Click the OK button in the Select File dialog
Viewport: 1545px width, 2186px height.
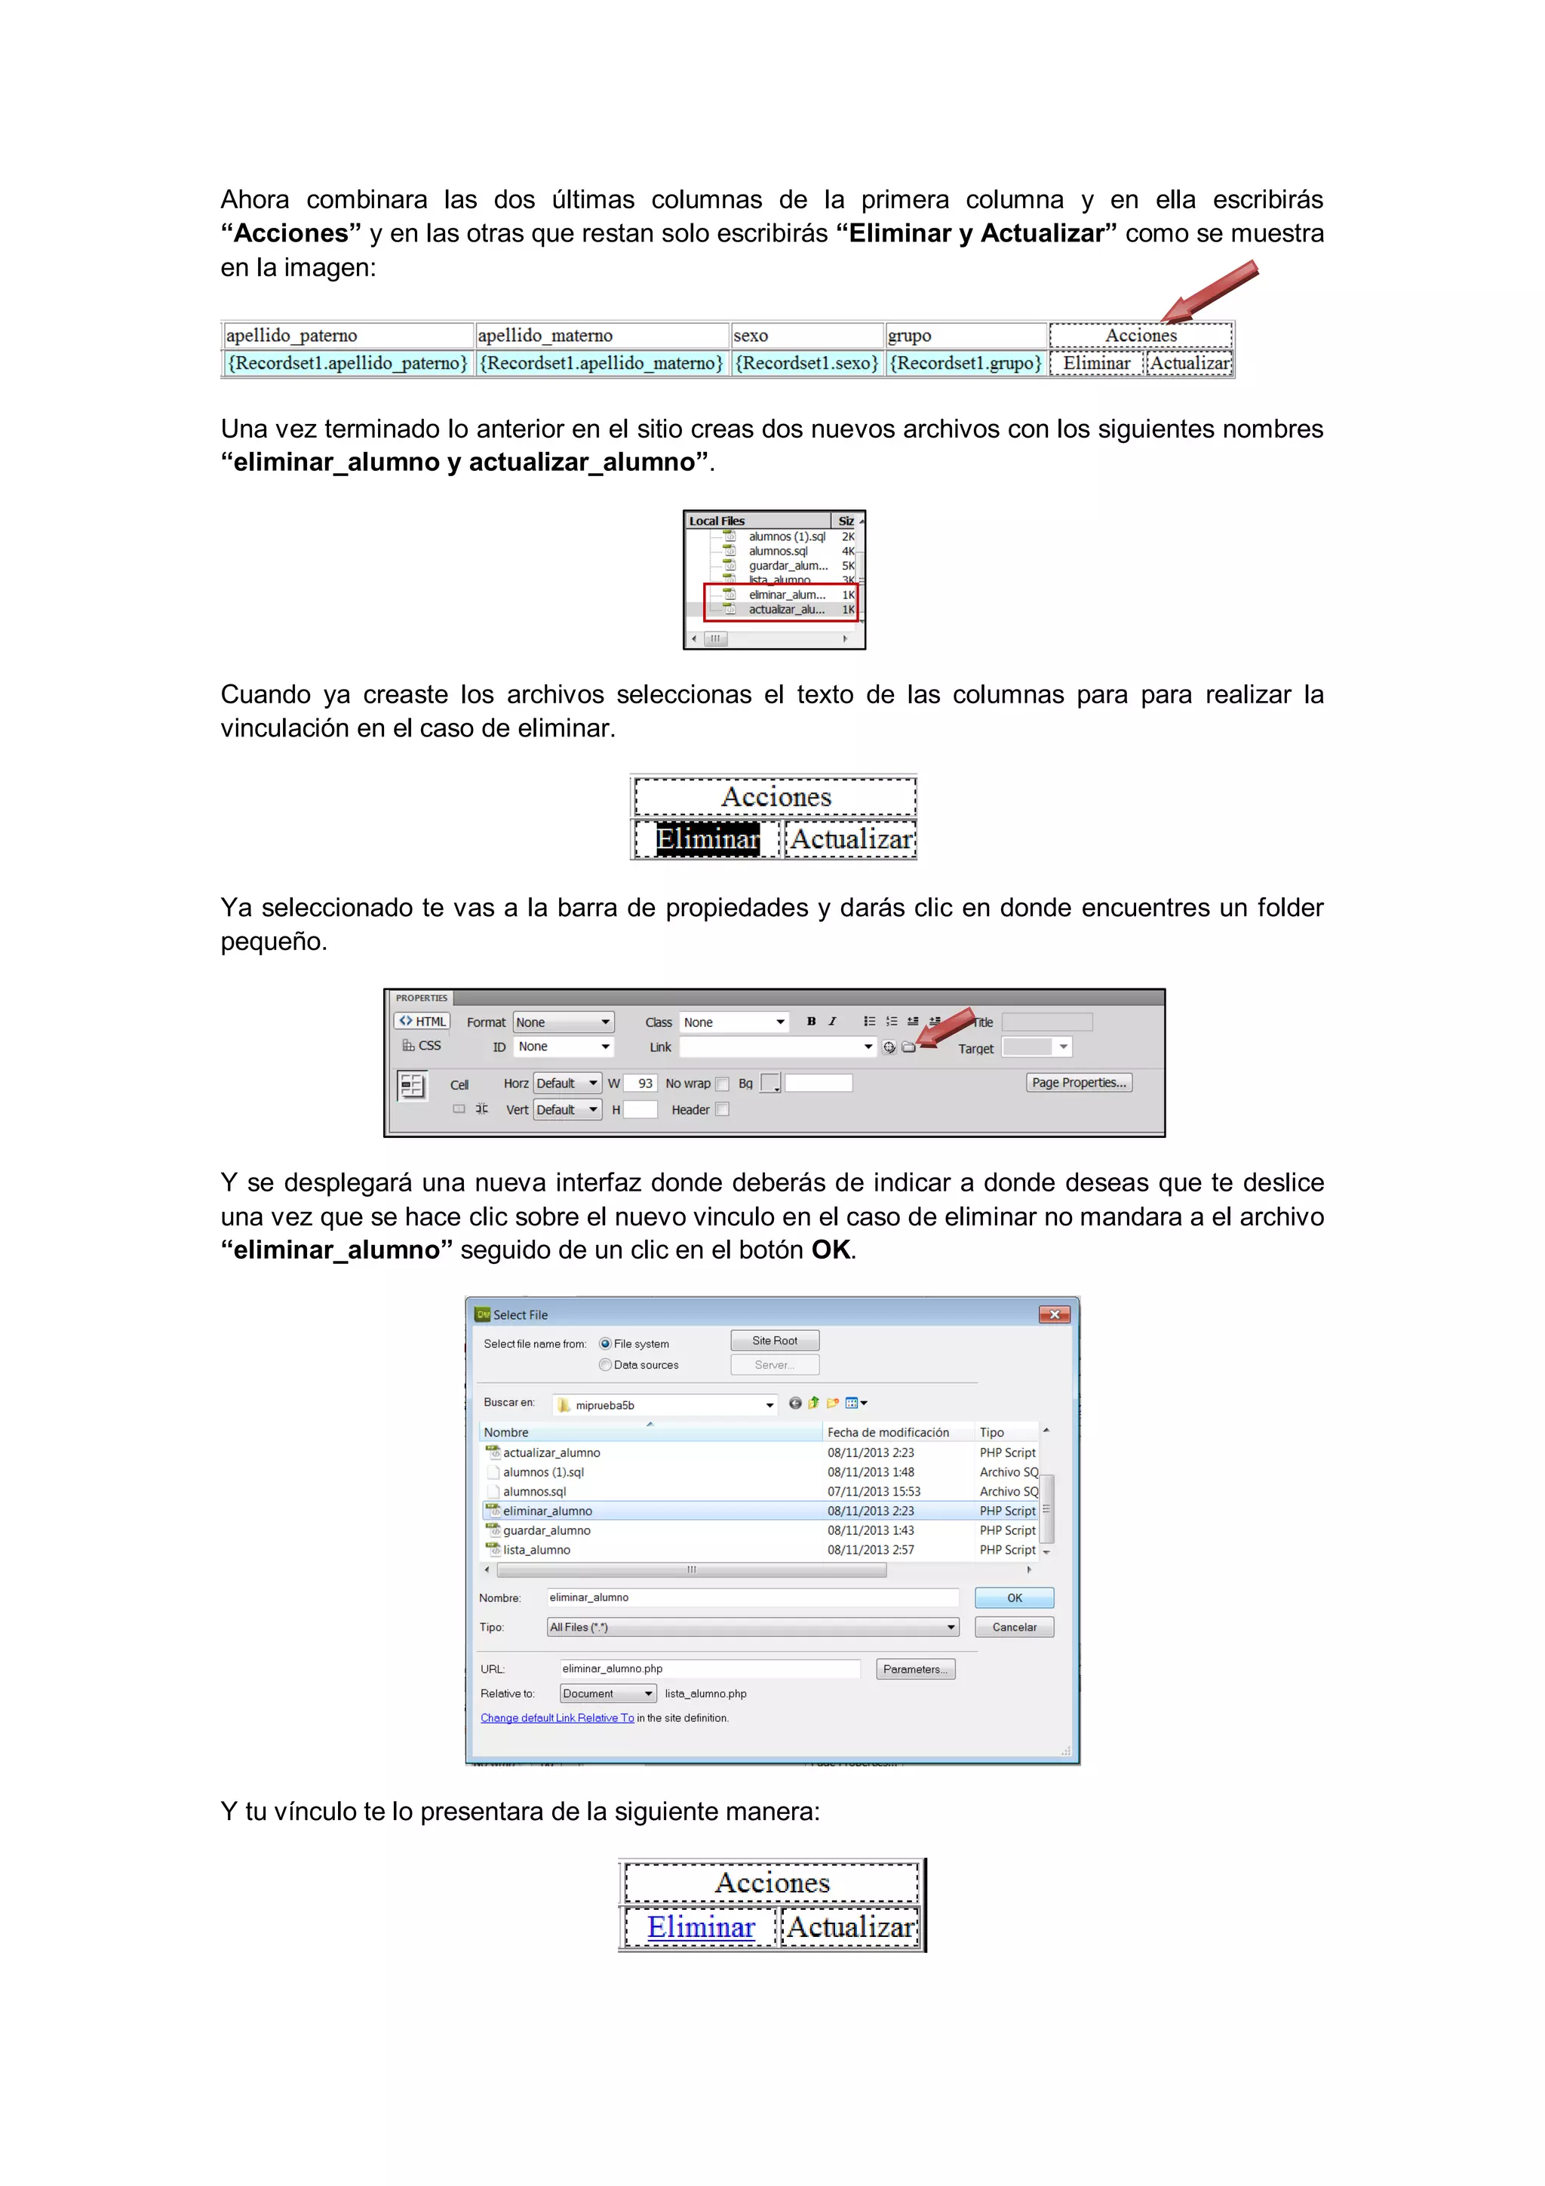pos(1014,1597)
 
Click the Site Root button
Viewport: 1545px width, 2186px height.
pos(774,1341)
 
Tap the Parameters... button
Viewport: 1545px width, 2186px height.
pos(914,1669)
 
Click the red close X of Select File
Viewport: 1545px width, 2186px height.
pos(1054,1314)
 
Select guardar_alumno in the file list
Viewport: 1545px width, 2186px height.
pos(546,1530)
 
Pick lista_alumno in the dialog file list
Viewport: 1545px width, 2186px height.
pos(537,1550)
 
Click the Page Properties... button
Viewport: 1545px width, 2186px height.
pos(1079,1083)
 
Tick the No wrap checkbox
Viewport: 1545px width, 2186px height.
pos(723,1084)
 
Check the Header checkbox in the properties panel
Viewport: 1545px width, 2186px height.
pos(723,1109)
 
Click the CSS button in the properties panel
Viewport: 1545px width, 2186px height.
pos(422,1045)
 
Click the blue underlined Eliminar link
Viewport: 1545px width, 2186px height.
pos(701,1927)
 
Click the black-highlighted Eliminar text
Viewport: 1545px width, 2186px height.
pos(708,840)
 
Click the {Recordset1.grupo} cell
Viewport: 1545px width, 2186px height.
pos(966,364)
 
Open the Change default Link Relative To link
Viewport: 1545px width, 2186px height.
pos(557,1718)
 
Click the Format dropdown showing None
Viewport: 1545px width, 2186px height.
pos(563,1022)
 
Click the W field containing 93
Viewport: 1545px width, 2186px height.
pos(640,1084)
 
